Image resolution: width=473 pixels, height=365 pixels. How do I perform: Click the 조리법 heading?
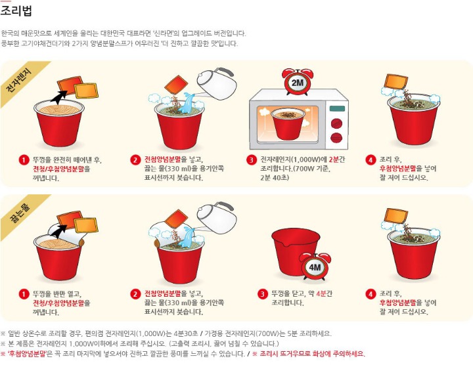[x=16, y=11]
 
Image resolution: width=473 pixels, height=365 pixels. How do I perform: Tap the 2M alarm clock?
[x=298, y=81]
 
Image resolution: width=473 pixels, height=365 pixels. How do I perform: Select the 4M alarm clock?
[x=315, y=267]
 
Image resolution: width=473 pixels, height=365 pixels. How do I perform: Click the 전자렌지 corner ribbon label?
[x=18, y=81]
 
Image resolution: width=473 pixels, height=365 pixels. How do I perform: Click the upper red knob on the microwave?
[x=337, y=123]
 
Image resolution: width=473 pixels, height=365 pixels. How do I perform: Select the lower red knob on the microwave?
[x=336, y=138]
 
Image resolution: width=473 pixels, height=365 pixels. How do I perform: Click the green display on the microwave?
[x=337, y=109]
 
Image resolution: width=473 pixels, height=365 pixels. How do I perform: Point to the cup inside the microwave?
[x=287, y=123]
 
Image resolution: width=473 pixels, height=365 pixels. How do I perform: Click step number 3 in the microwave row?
[x=252, y=160]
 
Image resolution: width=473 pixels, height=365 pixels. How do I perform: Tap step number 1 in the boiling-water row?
[x=24, y=294]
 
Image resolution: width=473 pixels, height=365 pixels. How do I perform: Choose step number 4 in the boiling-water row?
[x=371, y=294]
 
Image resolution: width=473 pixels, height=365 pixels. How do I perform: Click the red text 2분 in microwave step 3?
[x=334, y=160]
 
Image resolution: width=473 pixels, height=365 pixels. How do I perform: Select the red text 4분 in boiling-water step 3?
[x=321, y=293]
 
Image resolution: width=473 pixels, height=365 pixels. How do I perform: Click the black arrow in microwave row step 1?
[x=58, y=97]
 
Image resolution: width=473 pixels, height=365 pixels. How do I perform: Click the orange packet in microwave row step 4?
[x=395, y=81]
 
